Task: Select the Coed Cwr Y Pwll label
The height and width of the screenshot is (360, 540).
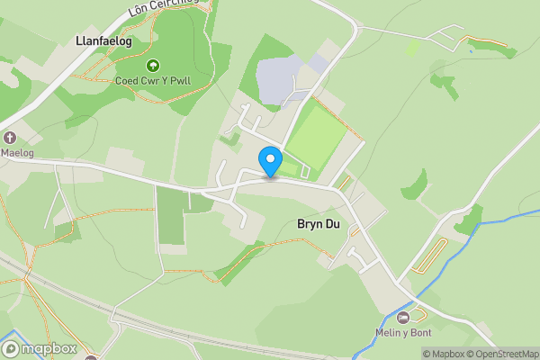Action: [152, 81]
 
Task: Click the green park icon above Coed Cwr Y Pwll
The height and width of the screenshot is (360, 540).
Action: [152, 65]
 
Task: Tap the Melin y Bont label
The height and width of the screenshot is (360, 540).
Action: [401, 332]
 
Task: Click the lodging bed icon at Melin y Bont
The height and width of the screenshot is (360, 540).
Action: [402, 317]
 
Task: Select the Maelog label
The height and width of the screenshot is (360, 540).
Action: [16, 152]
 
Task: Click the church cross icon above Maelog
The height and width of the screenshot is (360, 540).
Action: [10, 138]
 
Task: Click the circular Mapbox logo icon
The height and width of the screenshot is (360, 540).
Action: [11, 348]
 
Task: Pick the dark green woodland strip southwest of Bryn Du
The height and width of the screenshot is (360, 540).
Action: [238, 262]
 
